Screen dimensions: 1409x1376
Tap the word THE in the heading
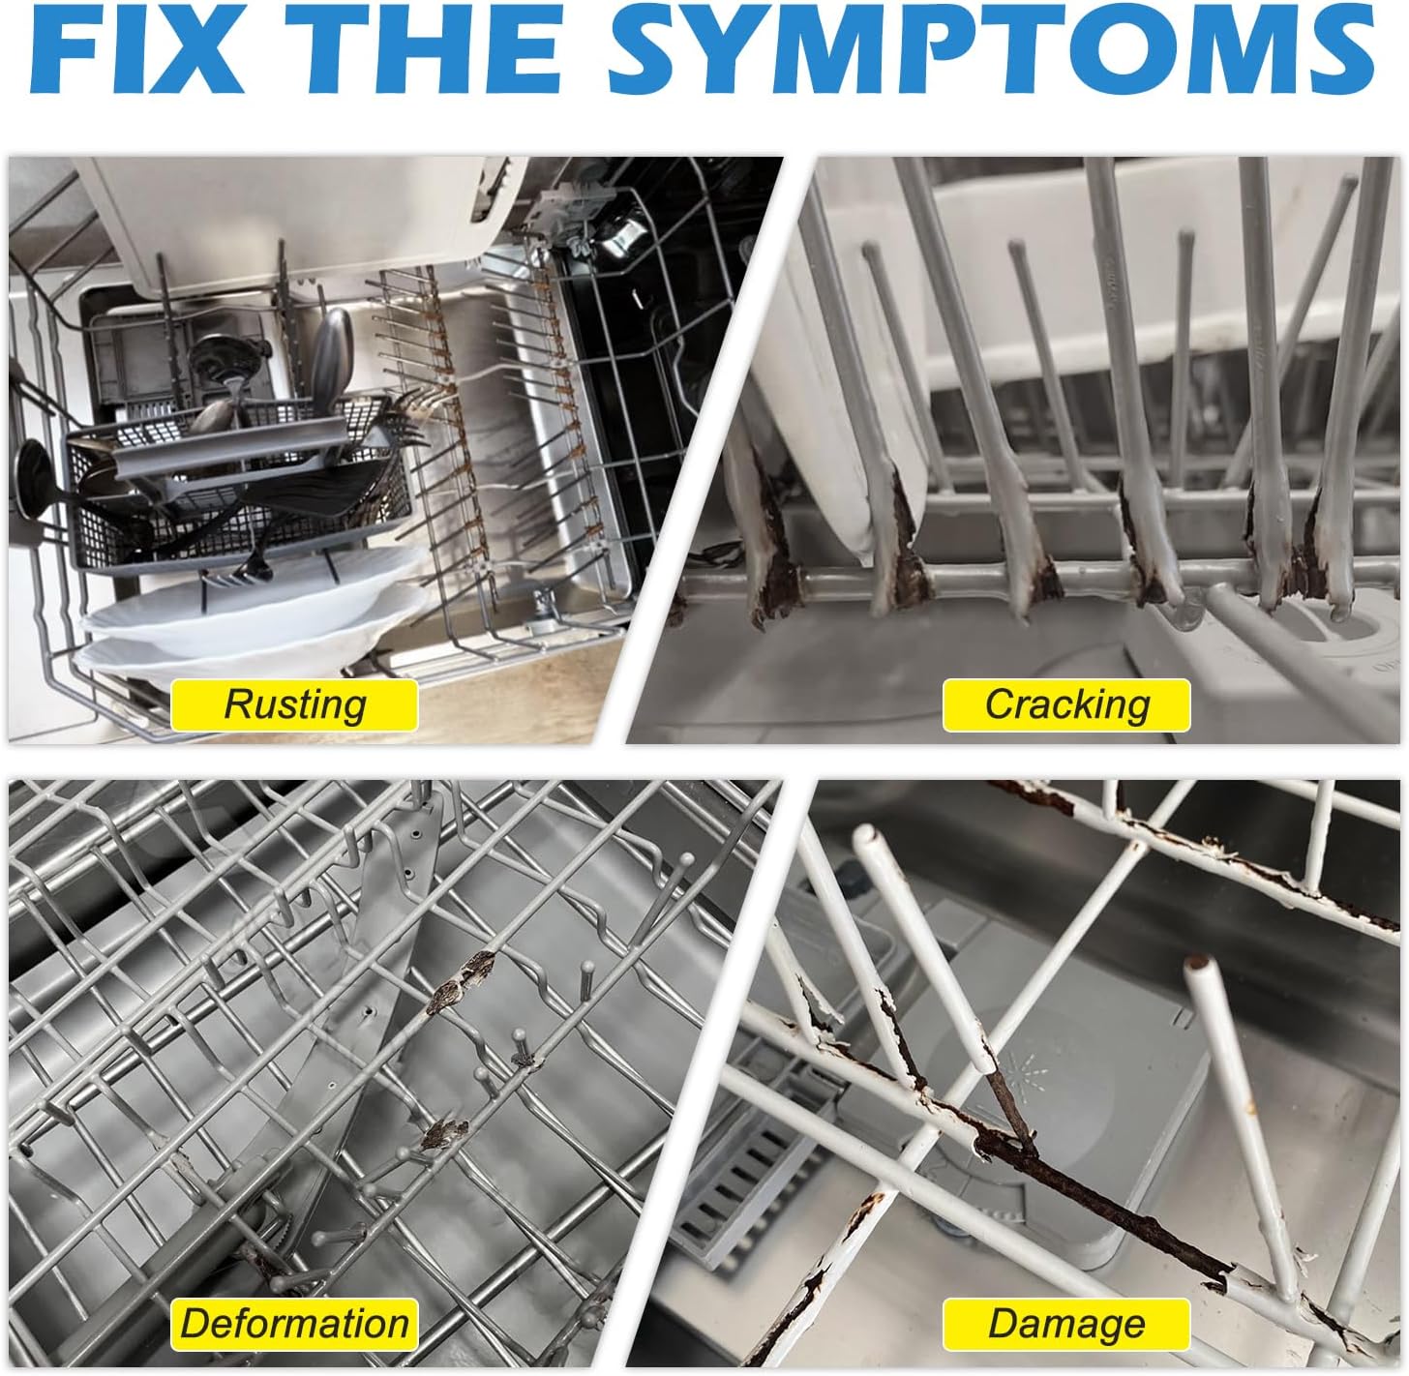[x=424, y=48]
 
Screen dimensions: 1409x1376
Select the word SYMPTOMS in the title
[x=991, y=48]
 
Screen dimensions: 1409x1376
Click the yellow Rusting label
[x=294, y=704]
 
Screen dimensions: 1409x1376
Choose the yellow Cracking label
[x=1065, y=704]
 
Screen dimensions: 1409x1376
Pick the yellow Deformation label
[x=294, y=1324]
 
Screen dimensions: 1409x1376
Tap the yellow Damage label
[x=1065, y=1324]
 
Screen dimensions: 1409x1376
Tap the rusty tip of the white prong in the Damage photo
[x=1195, y=964]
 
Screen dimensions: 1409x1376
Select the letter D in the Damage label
[x=1004, y=1323]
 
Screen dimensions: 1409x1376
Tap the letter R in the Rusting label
[x=240, y=703]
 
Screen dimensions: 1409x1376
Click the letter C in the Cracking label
[x=1001, y=703]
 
